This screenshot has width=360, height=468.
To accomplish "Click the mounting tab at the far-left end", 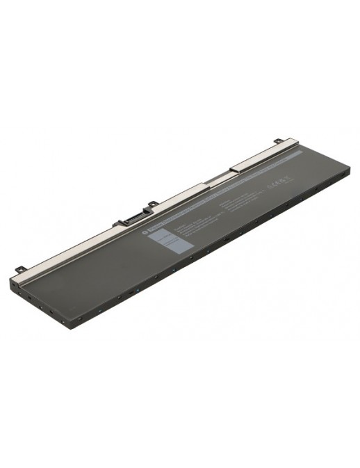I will (22, 267).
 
